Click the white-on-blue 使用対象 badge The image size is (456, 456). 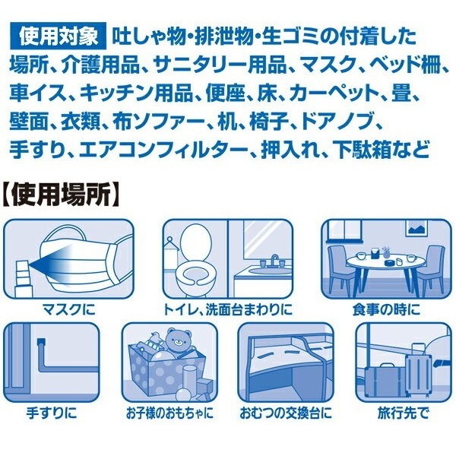[x=59, y=37]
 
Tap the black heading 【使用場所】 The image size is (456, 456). [x=61, y=195]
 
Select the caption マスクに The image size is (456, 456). [x=69, y=309]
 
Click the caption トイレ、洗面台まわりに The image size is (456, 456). [x=227, y=309]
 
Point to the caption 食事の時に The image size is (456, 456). [x=386, y=309]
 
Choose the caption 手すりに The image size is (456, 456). [x=52, y=413]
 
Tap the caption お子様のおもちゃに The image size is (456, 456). [x=169, y=413]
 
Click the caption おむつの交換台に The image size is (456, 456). [x=286, y=413]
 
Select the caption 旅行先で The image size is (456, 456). [x=403, y=413]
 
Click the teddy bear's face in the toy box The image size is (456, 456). [x=177, y=340]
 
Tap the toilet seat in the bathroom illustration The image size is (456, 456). [x=195, y=272]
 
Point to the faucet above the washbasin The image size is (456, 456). [x=274, y=260]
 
